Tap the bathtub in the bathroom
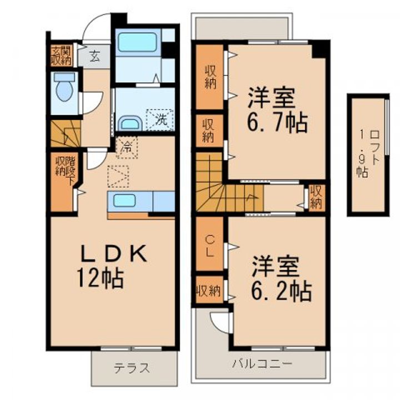138,42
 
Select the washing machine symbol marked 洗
159,119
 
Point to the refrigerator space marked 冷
127,148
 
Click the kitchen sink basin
124,201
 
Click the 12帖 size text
101,278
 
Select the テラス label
132,368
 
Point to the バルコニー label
262,363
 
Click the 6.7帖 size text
278,123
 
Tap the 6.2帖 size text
281,291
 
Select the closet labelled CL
209,244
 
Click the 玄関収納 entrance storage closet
61,56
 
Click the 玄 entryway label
94,56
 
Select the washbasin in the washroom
131,123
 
